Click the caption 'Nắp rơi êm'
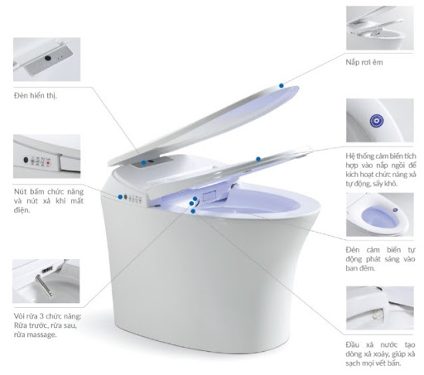coord(364,62)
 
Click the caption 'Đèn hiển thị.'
coord(36,96)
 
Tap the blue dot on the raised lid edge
coord(282,85)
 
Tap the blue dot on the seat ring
coord(258,159)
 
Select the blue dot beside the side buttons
coord(120,197)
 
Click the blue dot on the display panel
coord(143,162)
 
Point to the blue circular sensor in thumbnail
coord(376,121)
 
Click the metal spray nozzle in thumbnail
coord(44,286)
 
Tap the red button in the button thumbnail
coord(48,163)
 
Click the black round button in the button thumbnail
coord(26,160)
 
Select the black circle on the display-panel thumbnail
coord(48,58)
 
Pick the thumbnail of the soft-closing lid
coord(380,28)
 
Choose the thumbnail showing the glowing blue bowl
coord(380,214)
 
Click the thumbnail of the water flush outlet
coord(380,308)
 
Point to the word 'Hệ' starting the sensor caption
coord(349,156)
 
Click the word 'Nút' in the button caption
coord(20,191)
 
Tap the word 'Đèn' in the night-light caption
coord(353,250)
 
